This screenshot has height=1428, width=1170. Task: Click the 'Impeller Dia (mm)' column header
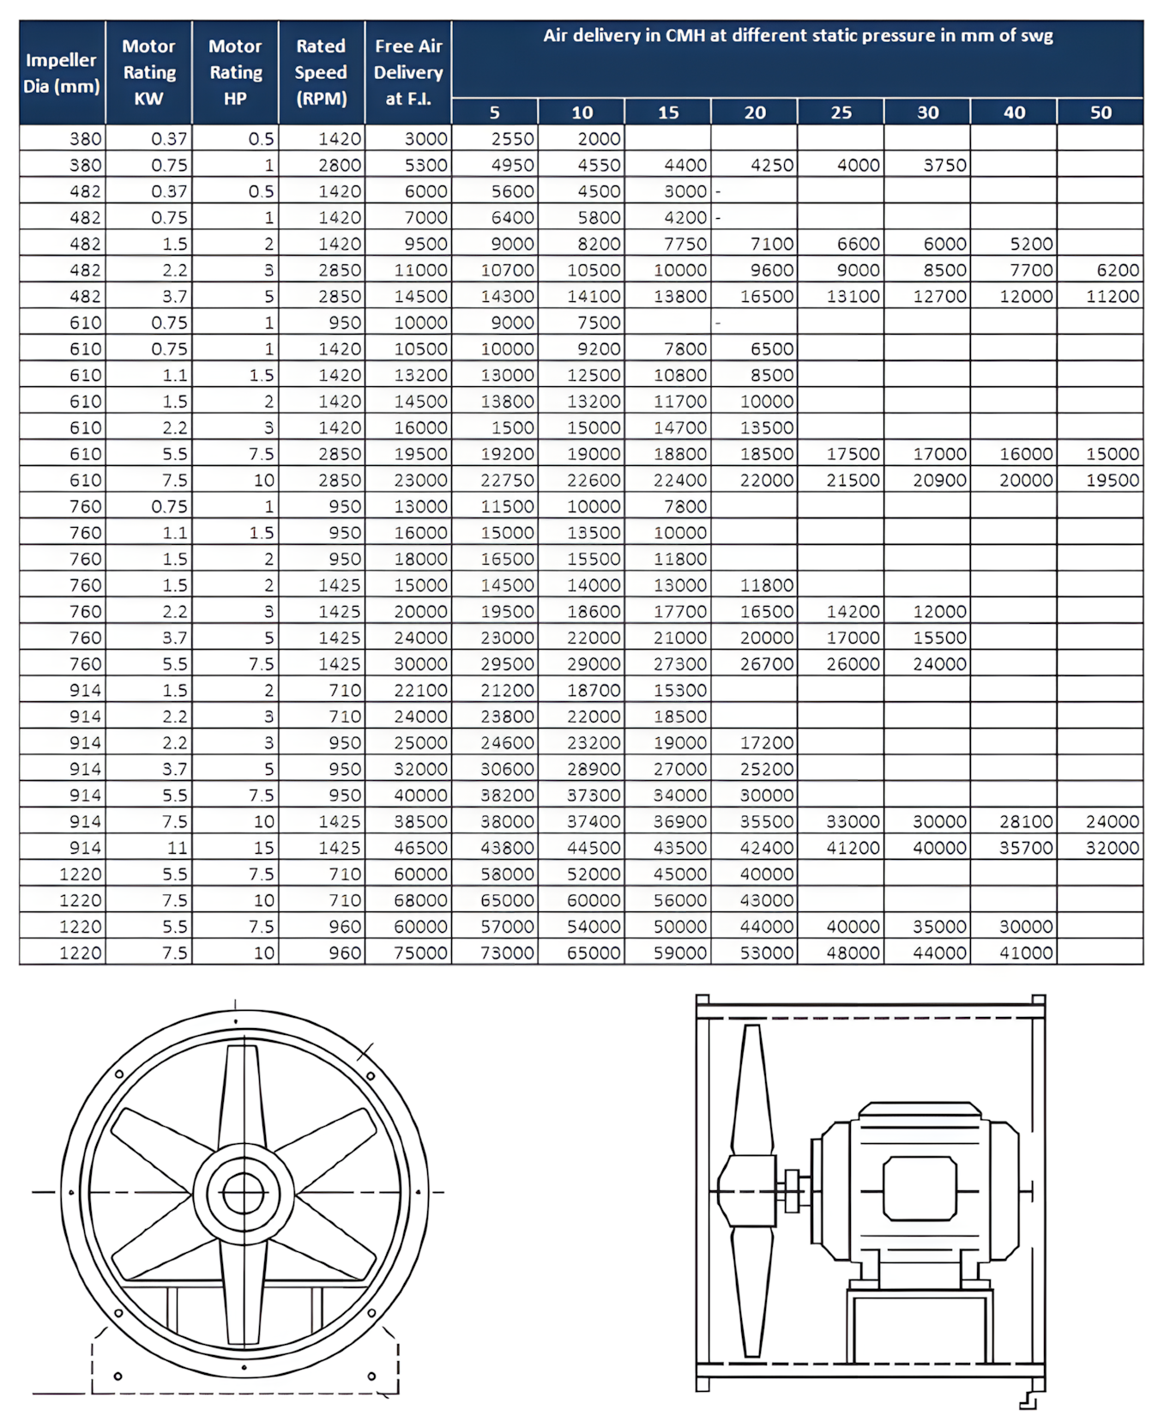coord(62,73)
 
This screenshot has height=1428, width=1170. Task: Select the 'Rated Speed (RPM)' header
coord(321,73)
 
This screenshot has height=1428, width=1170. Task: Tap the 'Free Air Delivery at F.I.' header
coord(408,73)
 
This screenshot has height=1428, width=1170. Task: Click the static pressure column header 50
coord(1100,112)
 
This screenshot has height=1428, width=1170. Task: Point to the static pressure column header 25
coord(841,112)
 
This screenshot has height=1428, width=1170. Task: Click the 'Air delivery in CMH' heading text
coord(797,36)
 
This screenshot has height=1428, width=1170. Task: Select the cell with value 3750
coord(944,165)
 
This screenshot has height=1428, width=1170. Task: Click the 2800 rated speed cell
coord(340,165)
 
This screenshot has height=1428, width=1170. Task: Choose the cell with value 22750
coord(507,481)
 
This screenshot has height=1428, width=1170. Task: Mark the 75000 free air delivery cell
coord(420,953)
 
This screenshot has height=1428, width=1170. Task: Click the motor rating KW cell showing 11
coord(177,848)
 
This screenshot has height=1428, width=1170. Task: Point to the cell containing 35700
coord(1026,848)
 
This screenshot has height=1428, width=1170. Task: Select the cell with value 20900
coord(939,481)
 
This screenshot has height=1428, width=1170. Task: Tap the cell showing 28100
coord(1026,821)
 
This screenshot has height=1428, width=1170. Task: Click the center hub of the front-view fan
coord(244,1193)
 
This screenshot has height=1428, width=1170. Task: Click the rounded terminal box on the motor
coord(920,1189)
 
